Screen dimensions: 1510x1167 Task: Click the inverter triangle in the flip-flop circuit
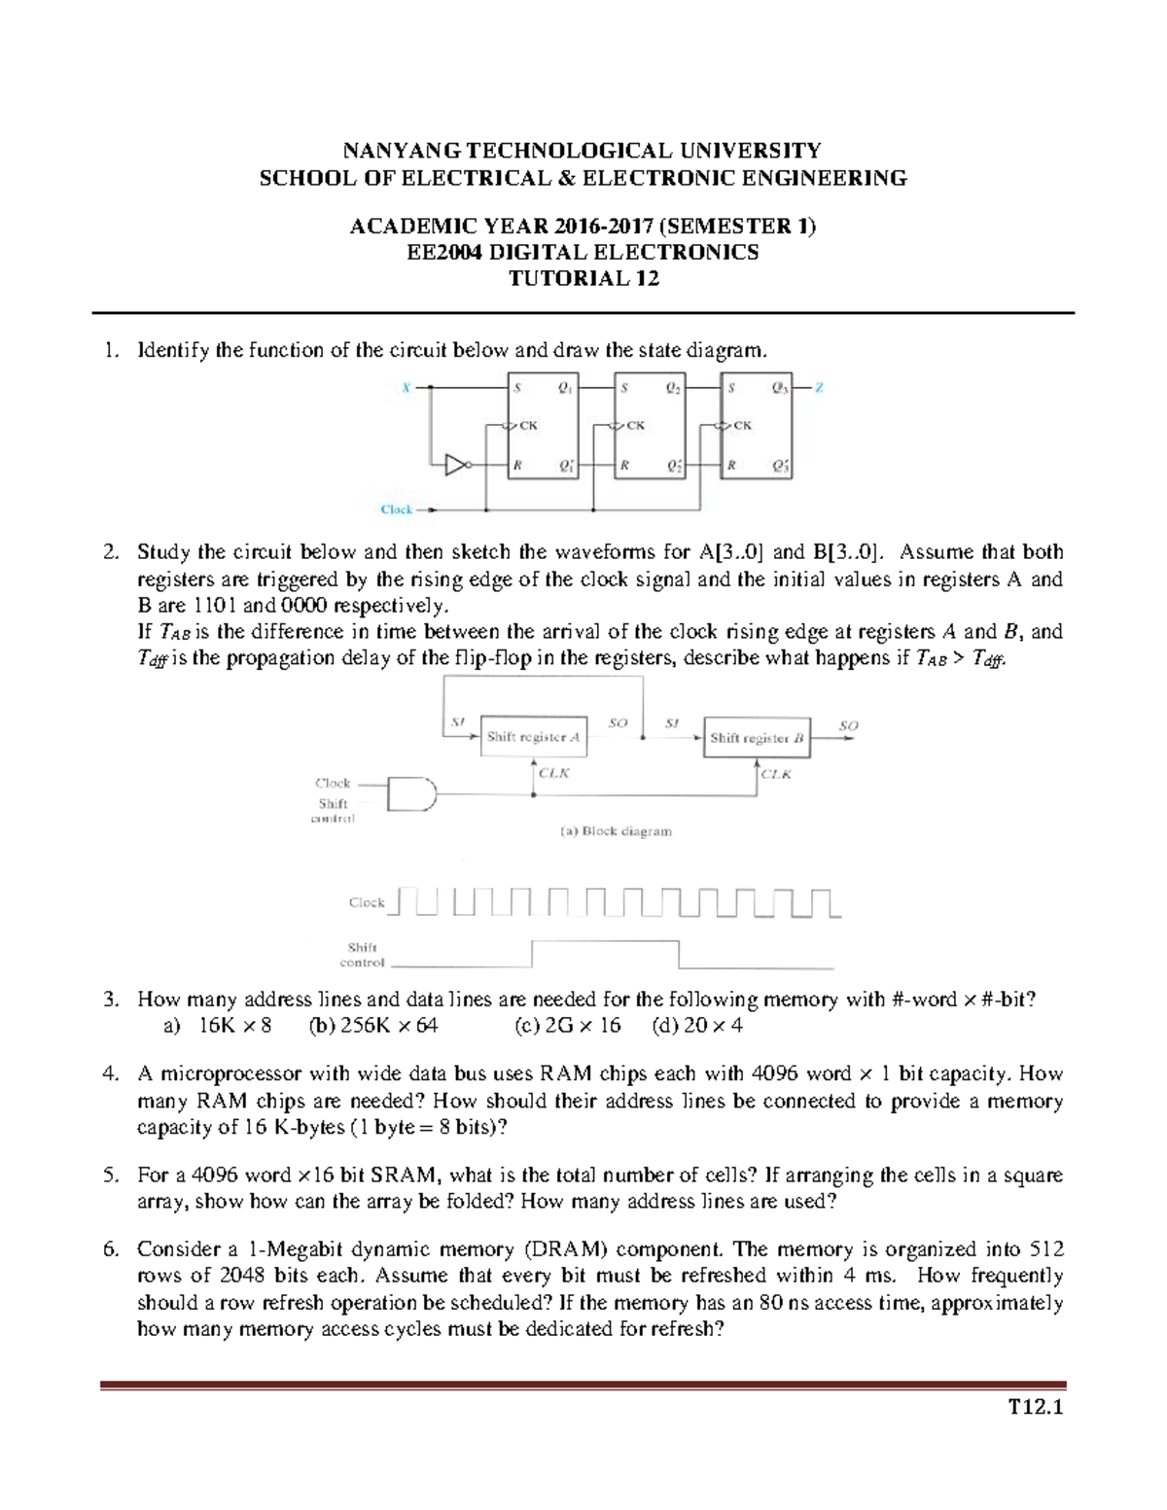[455, 466]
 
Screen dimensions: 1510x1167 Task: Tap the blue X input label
[407, 388]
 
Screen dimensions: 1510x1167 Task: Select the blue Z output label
[819, 388]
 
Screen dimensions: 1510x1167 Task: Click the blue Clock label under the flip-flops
[397, 509]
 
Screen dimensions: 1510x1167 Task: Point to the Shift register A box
[533, 737]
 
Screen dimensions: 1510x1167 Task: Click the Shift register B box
[757, 738]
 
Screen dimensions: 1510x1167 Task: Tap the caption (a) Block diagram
[615, 831]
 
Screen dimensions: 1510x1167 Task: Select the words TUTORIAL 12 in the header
[583, 279]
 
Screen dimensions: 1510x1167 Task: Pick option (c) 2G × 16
[567, 1026]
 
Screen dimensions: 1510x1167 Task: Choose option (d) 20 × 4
[698, 1026]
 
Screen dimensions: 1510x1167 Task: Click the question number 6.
[110, 1249]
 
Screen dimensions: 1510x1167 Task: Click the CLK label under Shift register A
[553, 773]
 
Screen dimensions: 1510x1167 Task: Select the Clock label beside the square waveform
[367, 902]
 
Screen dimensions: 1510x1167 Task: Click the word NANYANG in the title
[402, 151]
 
